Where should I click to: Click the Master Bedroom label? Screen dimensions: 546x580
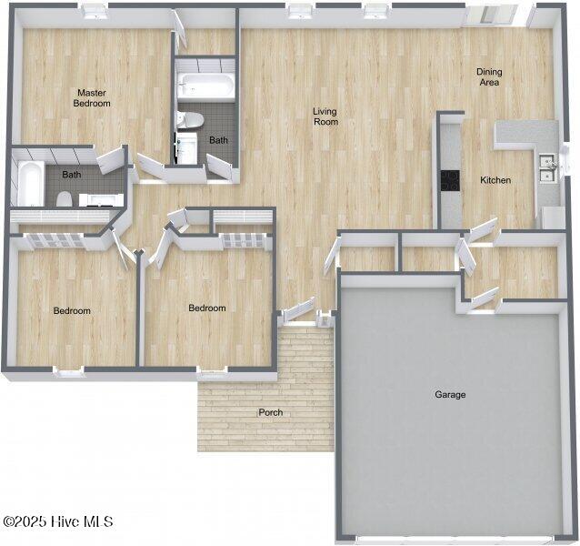(92, 98)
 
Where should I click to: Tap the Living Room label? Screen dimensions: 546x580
(325, 116)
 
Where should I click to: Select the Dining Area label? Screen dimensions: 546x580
(488, 77)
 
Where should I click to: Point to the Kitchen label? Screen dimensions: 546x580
(495, 180)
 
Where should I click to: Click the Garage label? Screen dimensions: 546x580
(450, 395)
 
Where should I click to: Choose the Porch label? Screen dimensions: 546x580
(270, 413)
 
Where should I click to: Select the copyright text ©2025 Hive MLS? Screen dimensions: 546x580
(58, 521)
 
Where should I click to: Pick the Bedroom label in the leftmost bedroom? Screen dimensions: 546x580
(72, 311)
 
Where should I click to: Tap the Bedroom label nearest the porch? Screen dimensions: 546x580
(207, 308)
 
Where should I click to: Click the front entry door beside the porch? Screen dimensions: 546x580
(297, 311)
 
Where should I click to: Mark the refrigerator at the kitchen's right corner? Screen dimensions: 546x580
(552, 217)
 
